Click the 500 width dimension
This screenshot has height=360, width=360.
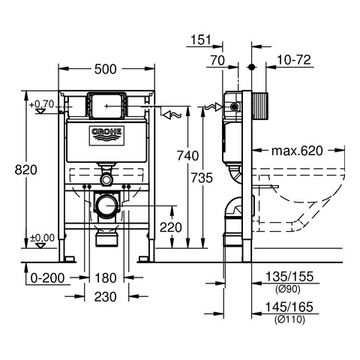click(105, 69)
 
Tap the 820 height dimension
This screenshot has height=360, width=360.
click(25, 169)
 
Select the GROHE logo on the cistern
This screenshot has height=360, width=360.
click(106, 136)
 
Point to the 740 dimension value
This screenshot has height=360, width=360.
click(187, 156)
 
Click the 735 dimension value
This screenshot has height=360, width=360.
click(202, 178)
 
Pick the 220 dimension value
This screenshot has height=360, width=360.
click(171, 227)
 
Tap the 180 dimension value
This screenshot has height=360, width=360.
click(106, 278)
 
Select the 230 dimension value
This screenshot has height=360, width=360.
click(105, 297)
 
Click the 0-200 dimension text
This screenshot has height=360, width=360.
click(47, 278)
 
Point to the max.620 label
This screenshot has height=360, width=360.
click(297, 151)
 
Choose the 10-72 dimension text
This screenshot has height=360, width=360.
click(294, 60)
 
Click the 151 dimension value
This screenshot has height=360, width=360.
click(201, 40)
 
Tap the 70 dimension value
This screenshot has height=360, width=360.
click(217, 61)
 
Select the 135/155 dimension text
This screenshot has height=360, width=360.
click(289, 277)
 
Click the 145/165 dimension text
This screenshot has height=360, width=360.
click(289, 307)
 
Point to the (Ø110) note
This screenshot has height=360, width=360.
click(289, 319)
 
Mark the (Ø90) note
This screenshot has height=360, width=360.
click(288, 289)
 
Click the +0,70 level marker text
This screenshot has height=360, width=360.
click(42, 104)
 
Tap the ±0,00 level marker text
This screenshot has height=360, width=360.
click(42, 238)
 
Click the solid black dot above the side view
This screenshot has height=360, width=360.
click(251, 67)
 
